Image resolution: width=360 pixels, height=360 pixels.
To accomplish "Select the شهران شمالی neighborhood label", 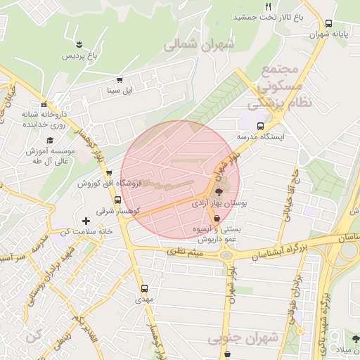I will coord(200,45).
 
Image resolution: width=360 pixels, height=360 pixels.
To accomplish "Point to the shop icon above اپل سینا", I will coord(119,80).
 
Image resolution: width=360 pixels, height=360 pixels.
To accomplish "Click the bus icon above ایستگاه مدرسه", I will coord(261,127).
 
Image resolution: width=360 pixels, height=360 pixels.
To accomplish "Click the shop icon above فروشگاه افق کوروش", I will coord(108,173).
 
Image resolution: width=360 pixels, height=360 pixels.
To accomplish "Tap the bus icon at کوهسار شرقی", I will coord(117,200).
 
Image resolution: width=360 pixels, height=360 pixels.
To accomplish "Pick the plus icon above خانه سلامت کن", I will coord(86,221).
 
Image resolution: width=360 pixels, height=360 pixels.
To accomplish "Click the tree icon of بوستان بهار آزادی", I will coord(218,191).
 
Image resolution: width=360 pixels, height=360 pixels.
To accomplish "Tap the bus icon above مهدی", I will coord(144,288).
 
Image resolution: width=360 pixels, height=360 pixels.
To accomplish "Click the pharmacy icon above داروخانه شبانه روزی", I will coord(44,103).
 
